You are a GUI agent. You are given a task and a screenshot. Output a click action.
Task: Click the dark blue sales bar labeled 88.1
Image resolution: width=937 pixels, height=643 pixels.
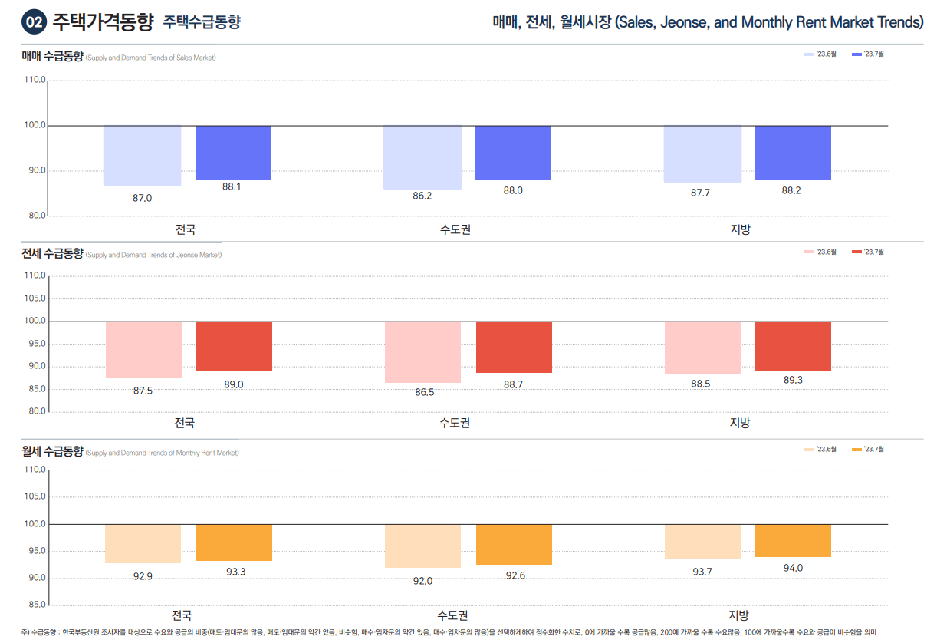(x=233, y=153)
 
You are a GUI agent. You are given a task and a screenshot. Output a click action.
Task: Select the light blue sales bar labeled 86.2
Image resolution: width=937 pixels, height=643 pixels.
(x=422, y=157)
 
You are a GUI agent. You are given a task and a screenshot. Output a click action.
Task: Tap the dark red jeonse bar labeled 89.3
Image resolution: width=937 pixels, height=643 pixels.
(x=793, y=346)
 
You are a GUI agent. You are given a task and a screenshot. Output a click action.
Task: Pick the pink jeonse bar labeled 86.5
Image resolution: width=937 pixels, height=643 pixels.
(x=422, y=352)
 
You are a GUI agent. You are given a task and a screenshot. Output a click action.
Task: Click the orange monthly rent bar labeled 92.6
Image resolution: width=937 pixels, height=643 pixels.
(x=514, y=545)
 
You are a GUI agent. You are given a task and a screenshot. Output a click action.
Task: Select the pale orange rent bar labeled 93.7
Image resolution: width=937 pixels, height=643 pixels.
(x=702, y=542)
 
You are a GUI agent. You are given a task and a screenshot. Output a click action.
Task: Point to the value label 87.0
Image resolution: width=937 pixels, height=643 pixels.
(x=142, y=198)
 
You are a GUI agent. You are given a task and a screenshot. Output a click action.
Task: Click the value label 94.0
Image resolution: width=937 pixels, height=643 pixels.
(x=793, y=568)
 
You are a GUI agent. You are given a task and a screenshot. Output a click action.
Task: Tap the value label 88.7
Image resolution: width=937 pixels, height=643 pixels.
(x=513, y=384)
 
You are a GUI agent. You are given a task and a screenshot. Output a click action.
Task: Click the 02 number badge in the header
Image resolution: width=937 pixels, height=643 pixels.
(x=34, y=23)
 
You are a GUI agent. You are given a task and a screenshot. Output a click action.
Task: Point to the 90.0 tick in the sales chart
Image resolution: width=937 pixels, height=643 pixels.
(x=35, y=170)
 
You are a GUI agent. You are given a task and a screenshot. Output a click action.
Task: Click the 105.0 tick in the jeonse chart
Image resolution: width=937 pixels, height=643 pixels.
(x=35, y=298)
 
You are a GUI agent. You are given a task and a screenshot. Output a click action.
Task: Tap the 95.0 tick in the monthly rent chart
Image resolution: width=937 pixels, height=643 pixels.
(x=35, y=551)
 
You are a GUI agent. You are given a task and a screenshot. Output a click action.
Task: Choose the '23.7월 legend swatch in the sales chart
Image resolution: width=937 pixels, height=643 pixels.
(x=857, y=54)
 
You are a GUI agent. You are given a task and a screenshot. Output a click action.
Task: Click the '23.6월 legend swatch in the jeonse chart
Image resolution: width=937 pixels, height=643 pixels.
(x=810, y=252)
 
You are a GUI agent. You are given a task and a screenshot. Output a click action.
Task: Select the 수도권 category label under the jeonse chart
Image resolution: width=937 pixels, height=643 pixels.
(x=455, y=423)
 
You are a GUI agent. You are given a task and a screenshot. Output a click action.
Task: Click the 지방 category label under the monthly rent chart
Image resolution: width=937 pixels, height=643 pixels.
(x=739, y=615)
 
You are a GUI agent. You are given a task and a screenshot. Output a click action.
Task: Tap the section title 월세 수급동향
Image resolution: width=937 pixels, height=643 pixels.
(x=52, y=452)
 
